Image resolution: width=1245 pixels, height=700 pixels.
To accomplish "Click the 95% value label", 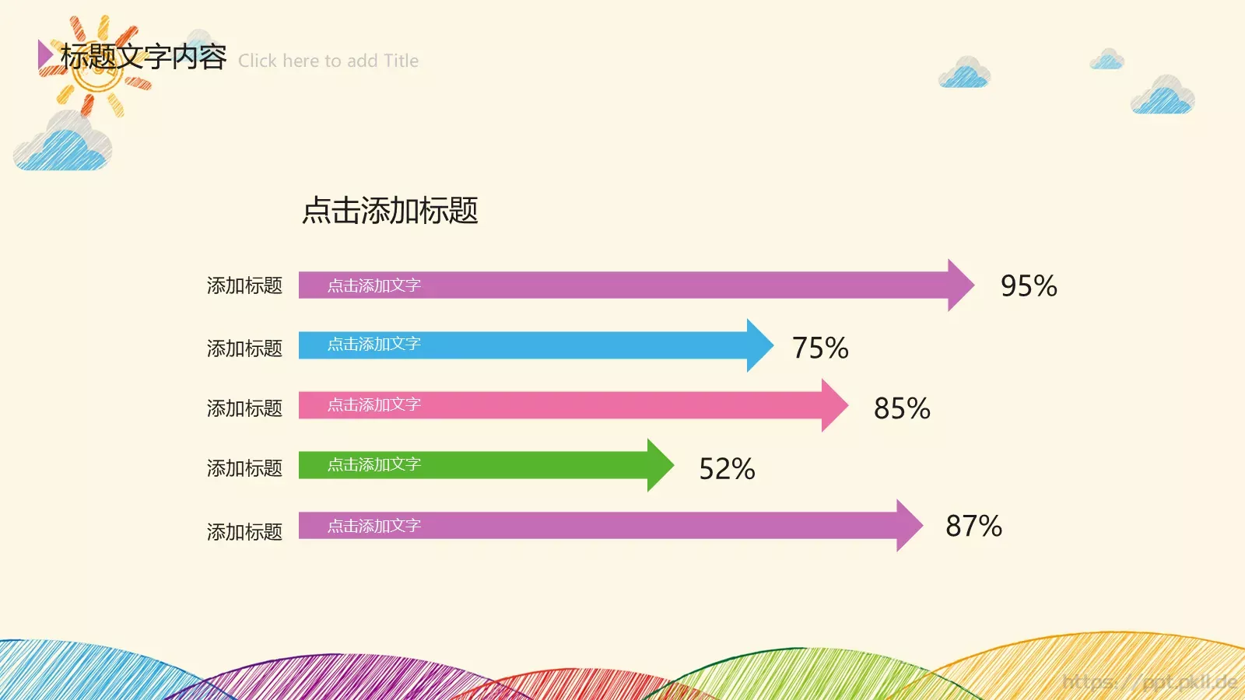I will [x=1029, y=286].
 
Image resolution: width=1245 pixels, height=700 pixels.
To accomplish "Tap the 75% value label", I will [x=820, y=348].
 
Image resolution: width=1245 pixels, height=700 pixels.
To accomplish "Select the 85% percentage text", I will [x=902, y=408].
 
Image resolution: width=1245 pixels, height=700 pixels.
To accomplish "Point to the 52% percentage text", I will [x=727, y=469].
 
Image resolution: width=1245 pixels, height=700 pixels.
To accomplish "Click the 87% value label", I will [x=973, y=527].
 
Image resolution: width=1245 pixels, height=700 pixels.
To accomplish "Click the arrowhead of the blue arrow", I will [x=759, y=345].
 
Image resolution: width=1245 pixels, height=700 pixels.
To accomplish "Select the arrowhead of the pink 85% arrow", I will [x=833, y=405].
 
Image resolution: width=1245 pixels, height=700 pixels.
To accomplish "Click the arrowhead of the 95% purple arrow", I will [x=959, y=285].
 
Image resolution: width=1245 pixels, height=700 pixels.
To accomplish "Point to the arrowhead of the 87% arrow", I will [x=908, y=526].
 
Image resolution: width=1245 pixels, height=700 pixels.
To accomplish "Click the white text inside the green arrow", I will [x=373, y=465].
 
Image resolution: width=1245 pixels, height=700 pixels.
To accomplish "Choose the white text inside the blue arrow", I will [x=373, y=345].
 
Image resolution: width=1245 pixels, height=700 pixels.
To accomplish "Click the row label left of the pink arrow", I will [x=244, y=408].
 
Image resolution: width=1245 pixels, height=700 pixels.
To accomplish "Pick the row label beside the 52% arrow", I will [x=244, y=468].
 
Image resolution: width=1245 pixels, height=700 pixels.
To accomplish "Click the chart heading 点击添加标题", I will [x=390, y=211].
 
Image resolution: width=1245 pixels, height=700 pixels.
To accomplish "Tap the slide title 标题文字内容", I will [x=144, y=57].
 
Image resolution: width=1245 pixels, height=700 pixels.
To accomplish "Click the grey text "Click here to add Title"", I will [x=328, y=61].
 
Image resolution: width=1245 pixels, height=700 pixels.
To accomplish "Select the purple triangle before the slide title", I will [x=45, y=54].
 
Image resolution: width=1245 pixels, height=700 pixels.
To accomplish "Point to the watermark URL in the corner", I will [x=1149, y=682].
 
